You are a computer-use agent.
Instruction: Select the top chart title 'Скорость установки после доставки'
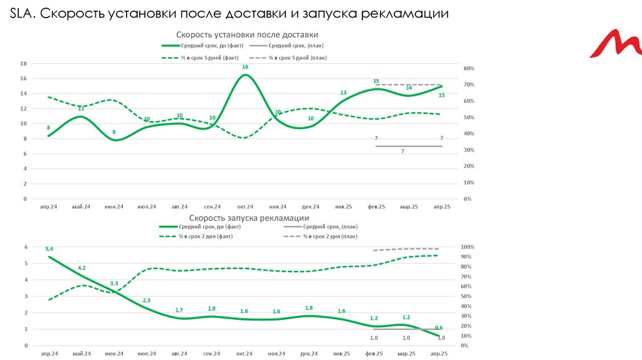click(247, 34)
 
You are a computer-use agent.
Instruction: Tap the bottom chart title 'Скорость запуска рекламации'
click(247, 218)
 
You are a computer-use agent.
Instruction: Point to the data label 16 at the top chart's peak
click(245, 67)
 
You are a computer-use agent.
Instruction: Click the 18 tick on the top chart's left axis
click(23, 63)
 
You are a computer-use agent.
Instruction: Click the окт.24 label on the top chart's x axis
click(245, 206)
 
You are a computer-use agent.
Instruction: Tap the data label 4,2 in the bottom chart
click(82, 268)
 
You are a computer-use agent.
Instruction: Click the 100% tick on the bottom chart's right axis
click(468, 247)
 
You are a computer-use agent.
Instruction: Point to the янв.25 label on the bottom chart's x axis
click(343, 354)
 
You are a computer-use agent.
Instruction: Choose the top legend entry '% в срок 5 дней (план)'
click(297, 58)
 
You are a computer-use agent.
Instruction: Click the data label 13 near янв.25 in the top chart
click(343, 93)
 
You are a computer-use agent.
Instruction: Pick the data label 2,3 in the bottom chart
click(147, 301)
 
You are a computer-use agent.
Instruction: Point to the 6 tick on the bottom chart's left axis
click(26, 247)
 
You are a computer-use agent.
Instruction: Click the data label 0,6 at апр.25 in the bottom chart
click(439, 328)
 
